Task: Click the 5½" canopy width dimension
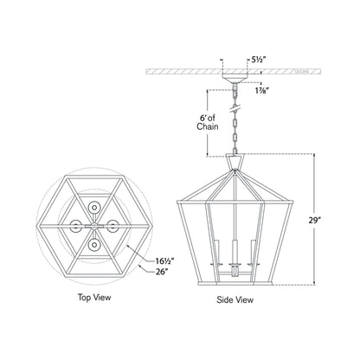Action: tap(259, 61)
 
